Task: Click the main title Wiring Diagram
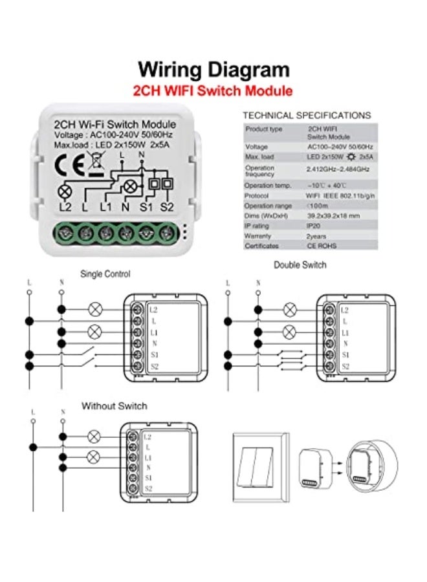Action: point(213,69)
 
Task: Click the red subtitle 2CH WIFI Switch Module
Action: point(213,91)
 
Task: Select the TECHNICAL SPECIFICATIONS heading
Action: point(307,115)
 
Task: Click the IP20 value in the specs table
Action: point(315,226)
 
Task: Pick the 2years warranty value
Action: point(316,236)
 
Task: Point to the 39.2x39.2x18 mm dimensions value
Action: point(333,215)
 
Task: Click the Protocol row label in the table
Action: point(257,195)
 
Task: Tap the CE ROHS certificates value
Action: point(322,246)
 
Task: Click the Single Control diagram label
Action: point(105,274)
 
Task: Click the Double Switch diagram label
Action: point(300,264)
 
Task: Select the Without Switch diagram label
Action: point(114,406)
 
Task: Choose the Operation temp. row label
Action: point(264,184)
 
